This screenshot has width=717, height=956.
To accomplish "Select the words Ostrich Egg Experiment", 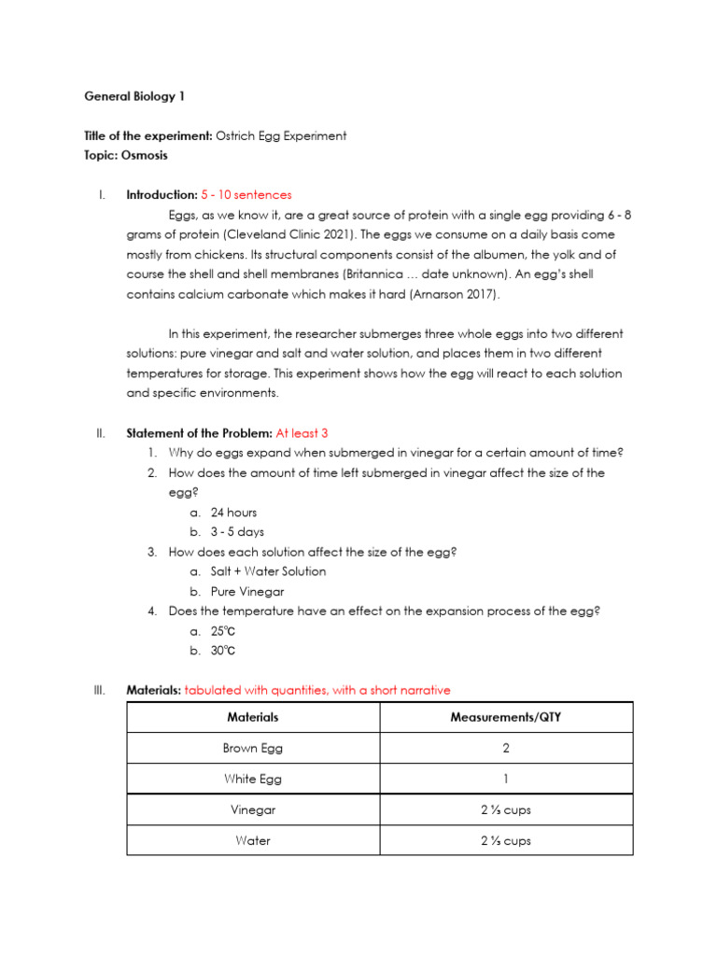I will pyautogui.click(x=281, y=135).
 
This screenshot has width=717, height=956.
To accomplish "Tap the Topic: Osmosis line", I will pyautogui.click(x=126, y=155).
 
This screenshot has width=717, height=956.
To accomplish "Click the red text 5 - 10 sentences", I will pyautogui.click(x=246, y=195).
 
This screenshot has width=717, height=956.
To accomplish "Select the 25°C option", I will pyautogui.click(x=229, y=631).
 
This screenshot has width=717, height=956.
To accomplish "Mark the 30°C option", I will pyautogui.click(x=229, y=651).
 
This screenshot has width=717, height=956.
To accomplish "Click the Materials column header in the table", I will pyautogui.click(x=253, y=717).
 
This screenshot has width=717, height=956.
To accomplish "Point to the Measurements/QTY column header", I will pyautogui.click(x=505, y=717).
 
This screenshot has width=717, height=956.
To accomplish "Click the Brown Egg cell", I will pyautogui.click(x=253, y=748).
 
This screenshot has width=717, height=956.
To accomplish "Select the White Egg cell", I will pyautogui.click(x=253, y=779).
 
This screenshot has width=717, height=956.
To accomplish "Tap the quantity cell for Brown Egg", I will pyautogui.click(x=505, y=748).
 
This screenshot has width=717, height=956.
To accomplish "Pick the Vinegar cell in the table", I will pyautogui.click(x=253, y=809).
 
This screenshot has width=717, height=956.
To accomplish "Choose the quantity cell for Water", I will pyautogui.click(x=505, y=840).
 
